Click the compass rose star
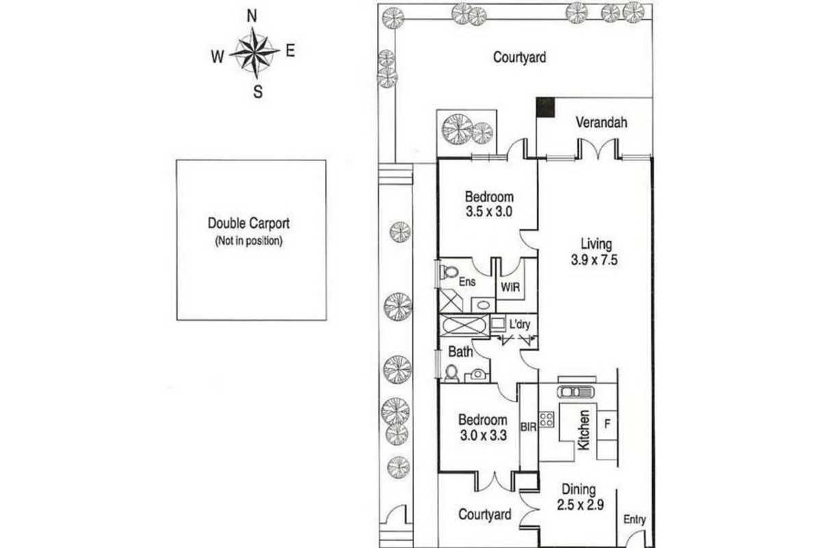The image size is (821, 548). (255, 53)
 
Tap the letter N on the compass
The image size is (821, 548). (252, 16)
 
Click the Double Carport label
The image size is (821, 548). (248, 223)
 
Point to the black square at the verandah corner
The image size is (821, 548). (545, 107)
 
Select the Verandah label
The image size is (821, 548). (601, 123)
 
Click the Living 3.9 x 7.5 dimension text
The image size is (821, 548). (594, 260)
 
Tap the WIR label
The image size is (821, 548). (510, 287)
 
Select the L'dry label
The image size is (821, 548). (520, 324)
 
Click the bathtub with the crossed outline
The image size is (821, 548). (465, 325)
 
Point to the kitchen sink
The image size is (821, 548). (575, 392)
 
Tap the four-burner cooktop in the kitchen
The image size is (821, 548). (546, 419)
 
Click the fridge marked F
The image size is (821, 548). (608, 424)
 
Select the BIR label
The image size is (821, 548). (528, 427)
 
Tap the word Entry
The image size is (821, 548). (634, 520)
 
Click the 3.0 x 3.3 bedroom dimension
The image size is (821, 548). (484, 435)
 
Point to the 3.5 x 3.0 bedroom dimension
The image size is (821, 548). (489, 212)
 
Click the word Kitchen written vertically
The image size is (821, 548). (584, 429)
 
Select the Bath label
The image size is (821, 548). (460, 352)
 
